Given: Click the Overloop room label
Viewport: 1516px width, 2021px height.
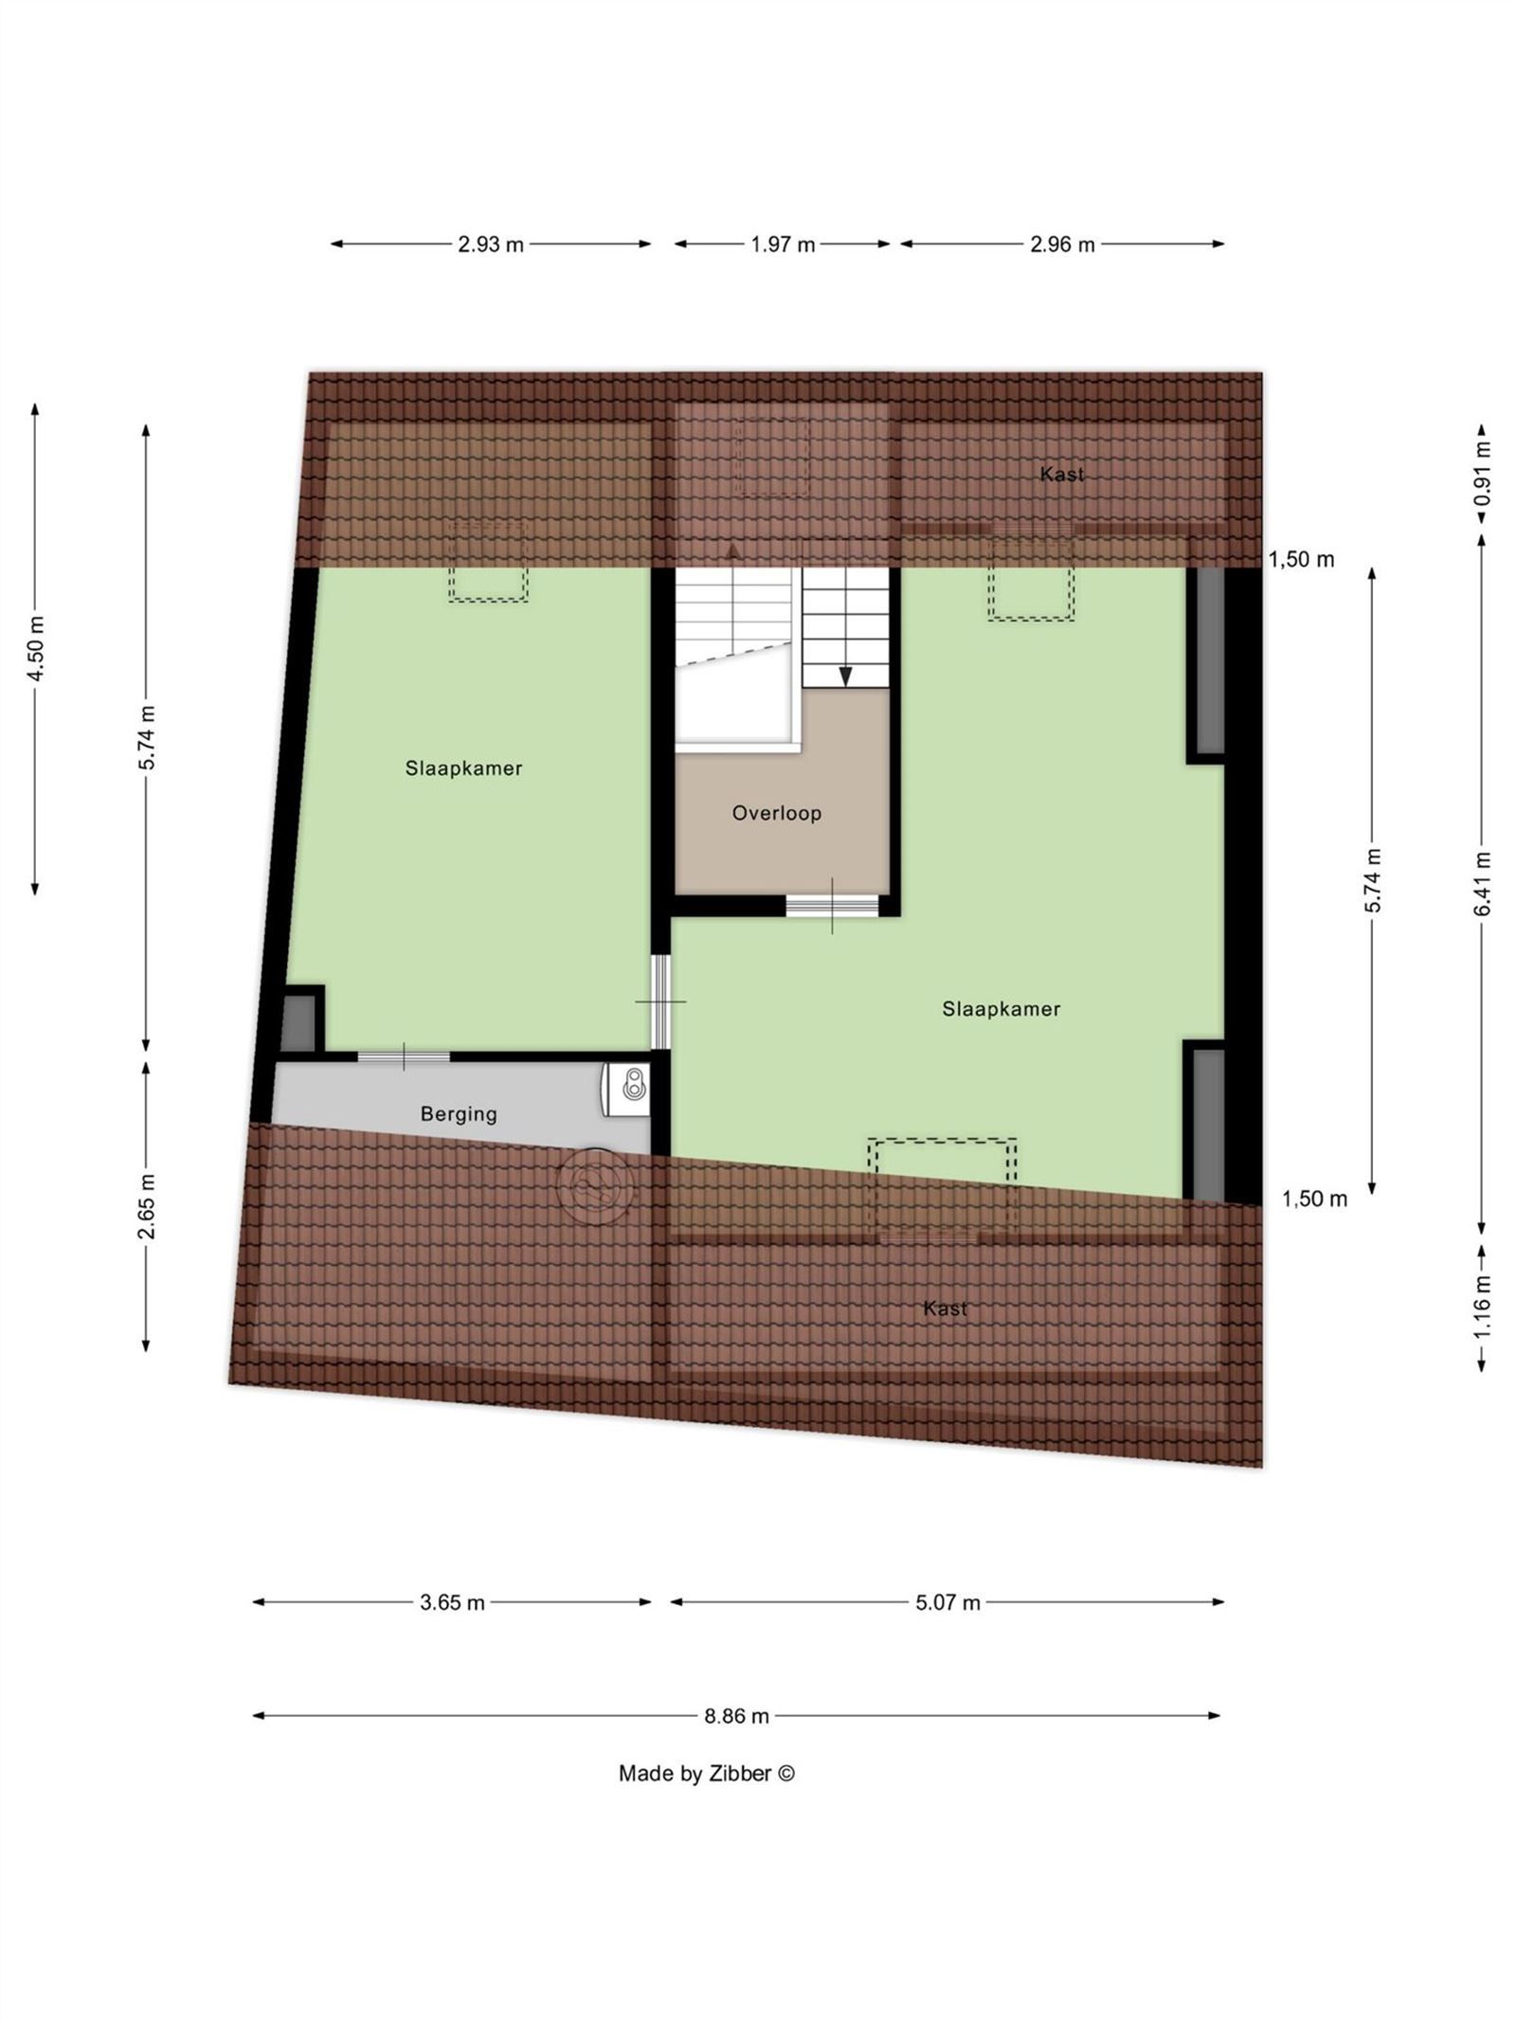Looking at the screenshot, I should (776, 813).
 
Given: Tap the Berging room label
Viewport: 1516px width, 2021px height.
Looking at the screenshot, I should (459, 1113).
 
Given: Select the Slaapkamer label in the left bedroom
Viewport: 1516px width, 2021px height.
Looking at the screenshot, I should (463, 768).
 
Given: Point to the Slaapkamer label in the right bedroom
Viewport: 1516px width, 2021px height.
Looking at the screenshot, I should (1001, 1009).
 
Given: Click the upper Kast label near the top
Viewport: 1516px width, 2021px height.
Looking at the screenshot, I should (1061, 474).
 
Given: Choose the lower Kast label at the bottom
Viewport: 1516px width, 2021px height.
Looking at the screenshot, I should (945, 1308).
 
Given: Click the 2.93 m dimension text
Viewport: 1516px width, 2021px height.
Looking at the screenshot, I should (491, 244).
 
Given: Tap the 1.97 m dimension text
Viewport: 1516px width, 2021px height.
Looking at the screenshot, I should (783, 244).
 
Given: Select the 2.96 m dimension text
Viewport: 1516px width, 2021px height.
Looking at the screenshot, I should (1062, 244).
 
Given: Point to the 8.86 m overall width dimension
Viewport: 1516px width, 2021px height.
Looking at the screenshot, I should (736, 1715).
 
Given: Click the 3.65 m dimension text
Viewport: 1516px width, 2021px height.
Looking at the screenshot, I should (452, 1602).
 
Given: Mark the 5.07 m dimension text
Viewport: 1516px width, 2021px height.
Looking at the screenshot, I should (947, 1602).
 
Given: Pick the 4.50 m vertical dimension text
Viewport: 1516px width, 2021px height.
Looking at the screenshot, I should (35, 648).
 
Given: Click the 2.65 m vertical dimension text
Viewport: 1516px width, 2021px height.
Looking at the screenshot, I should (146, 1205).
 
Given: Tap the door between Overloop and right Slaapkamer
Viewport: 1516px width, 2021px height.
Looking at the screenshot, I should (833, 906).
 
